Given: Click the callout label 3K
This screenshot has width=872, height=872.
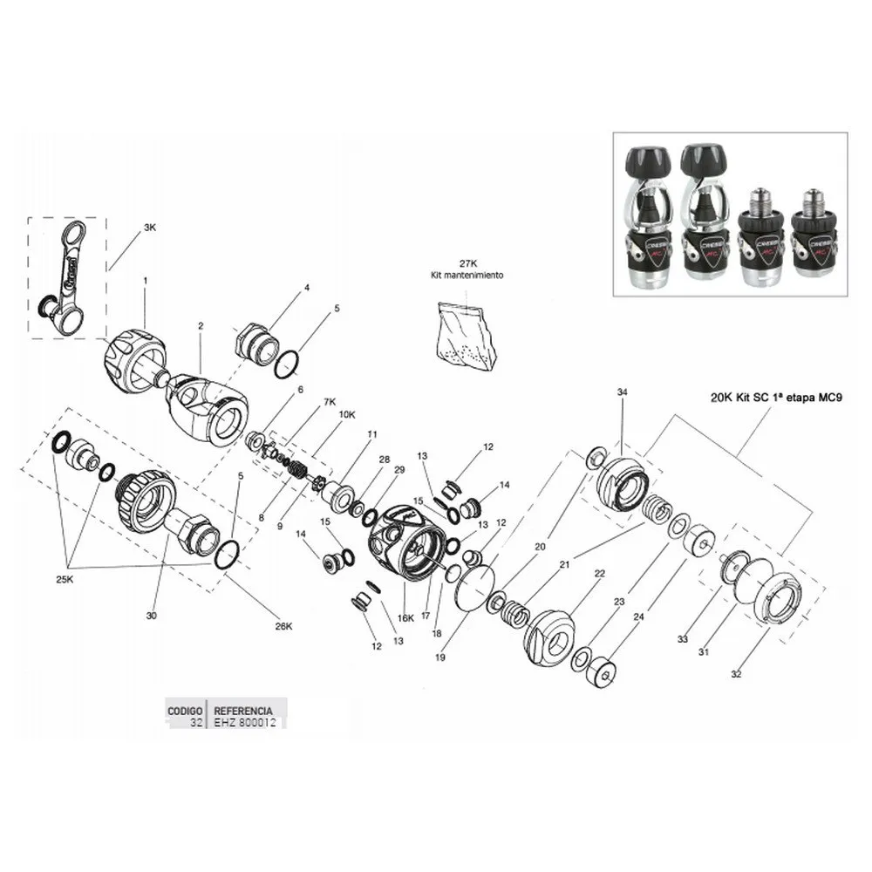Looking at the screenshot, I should tap(150, 228).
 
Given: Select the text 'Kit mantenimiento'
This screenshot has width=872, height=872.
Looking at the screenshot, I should tap(468, 275).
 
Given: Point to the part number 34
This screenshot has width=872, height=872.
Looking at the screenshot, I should tap(622, 393).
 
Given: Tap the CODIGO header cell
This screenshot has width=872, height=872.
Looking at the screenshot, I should tap(185, 710).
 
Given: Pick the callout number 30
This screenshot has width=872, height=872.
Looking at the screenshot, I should tap(151, 617).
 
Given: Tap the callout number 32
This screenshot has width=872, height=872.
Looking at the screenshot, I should tap(736, 674).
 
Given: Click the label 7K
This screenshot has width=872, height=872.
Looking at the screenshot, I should tap(329, 402).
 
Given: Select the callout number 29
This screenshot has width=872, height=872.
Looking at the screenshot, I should tap(399, 470).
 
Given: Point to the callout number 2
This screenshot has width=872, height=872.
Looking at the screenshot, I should tap(201, 326).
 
